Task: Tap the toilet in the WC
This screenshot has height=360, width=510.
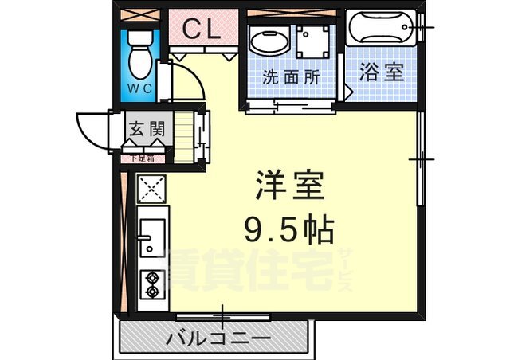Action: [140, 53]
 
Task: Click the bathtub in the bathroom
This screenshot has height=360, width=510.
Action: [379, 30]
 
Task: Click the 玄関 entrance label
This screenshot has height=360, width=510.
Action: [146, 127]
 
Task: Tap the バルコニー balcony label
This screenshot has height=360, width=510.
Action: [218, 339]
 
